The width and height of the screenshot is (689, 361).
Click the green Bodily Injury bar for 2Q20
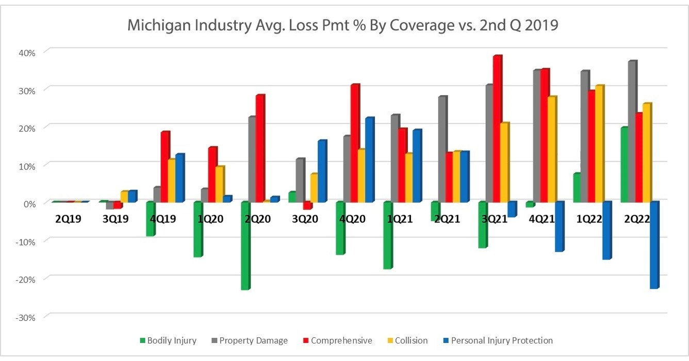click(x=245, y=246)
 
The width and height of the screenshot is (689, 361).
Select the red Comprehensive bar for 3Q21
click(x=497, y=129)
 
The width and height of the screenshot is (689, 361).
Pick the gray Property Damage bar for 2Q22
click(x=632, y=131)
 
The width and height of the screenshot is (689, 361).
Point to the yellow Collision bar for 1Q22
click(x=599, y=144)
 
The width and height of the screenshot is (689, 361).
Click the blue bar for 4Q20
click(x=369, y=160)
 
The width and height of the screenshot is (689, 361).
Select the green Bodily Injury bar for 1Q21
click(x=387, y=235)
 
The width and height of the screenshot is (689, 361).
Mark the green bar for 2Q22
click(x=624, y=164)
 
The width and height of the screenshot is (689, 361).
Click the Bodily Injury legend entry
click(x=168, y=340)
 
